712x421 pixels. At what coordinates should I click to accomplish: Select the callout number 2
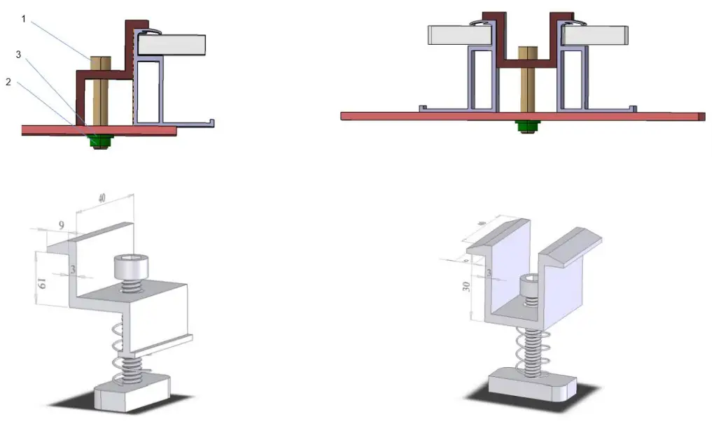[x=8, y=82]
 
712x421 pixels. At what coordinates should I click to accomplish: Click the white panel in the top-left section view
[x=172, y=45]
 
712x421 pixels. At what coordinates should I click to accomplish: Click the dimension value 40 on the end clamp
[x=102, y=199]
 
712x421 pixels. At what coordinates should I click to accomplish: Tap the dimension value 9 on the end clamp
[x=62, y=225]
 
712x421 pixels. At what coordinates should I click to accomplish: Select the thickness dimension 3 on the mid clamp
[x=489, y=273]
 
